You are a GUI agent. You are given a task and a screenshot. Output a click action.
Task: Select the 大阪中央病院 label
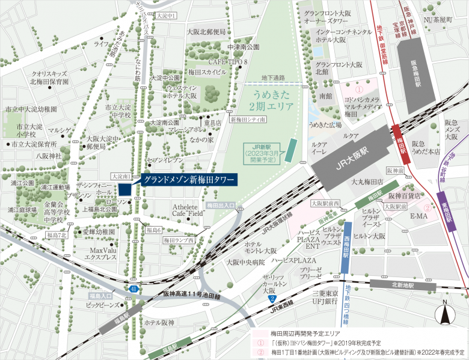(245, 262)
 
